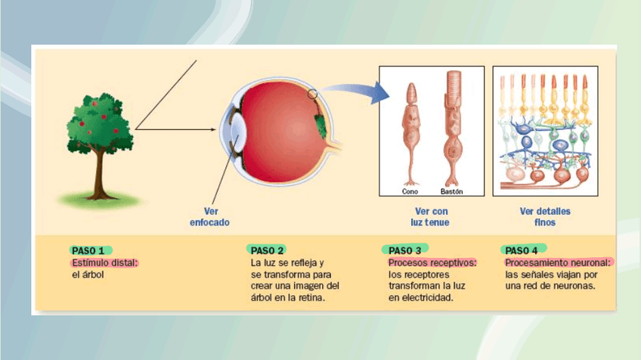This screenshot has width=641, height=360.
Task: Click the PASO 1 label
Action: pyautogui.click(x=90, y=250)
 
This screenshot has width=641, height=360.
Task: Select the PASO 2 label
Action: pyautogui.click(x=267, y=250)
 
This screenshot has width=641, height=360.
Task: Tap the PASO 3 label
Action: pyautogui.click(x=405, y=250)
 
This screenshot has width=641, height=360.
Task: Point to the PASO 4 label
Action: pyautogui.click(x=522, y=250)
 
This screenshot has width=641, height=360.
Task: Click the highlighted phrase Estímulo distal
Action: pyautogui.click(x=104, y=262)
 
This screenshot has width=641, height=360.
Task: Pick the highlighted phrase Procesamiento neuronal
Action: pyautogui.click(x=558, y=262)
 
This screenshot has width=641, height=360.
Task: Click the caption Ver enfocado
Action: pyautogui.click(x=209, y=217)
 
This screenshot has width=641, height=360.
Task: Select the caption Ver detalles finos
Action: pyautogui.click(x=545, y=217)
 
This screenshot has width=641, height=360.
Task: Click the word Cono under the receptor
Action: pyautogui.click(x=410, y=191)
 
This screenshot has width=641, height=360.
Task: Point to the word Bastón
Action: pyautogui.click(x=451, y=191)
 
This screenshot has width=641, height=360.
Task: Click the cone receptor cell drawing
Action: pyautogui.click(x=410, y=129)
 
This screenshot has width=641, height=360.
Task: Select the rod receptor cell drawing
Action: pyautogui.click(x=453, y=125)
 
